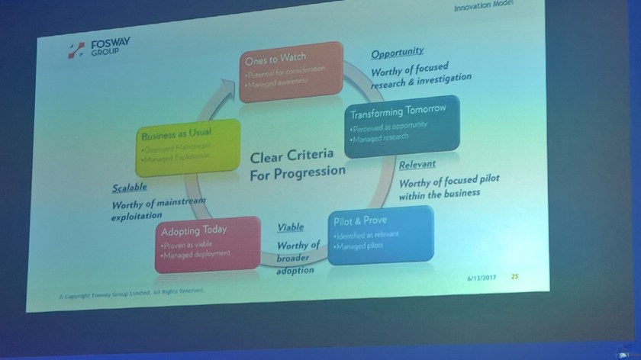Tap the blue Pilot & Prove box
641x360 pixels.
coord(380,235)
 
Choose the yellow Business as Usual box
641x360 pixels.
coord(176,146)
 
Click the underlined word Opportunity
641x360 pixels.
coord(398,53)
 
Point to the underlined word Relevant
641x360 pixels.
coord(417,164)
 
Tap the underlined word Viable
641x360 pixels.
coord(290,227)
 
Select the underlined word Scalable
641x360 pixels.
coord(129,187)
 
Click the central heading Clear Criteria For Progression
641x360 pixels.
coord(297,165)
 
